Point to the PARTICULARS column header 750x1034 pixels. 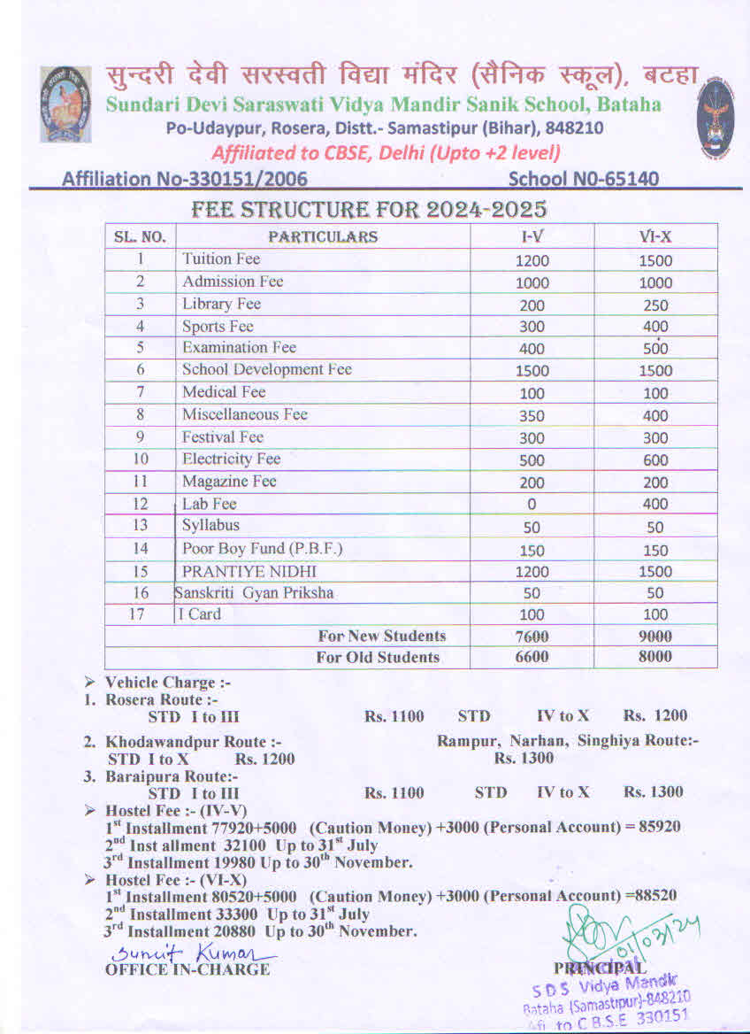323,236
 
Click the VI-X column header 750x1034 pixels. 655,237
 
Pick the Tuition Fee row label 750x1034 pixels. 220,259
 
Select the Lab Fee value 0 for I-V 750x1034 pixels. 532,505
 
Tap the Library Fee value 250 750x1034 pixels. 655,305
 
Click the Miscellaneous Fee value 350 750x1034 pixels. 532,415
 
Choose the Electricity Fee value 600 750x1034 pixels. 655,460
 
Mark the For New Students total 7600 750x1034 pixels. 532,637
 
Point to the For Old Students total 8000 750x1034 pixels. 655,657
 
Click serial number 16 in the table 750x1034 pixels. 140,593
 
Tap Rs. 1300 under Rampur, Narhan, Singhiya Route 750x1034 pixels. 524,758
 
